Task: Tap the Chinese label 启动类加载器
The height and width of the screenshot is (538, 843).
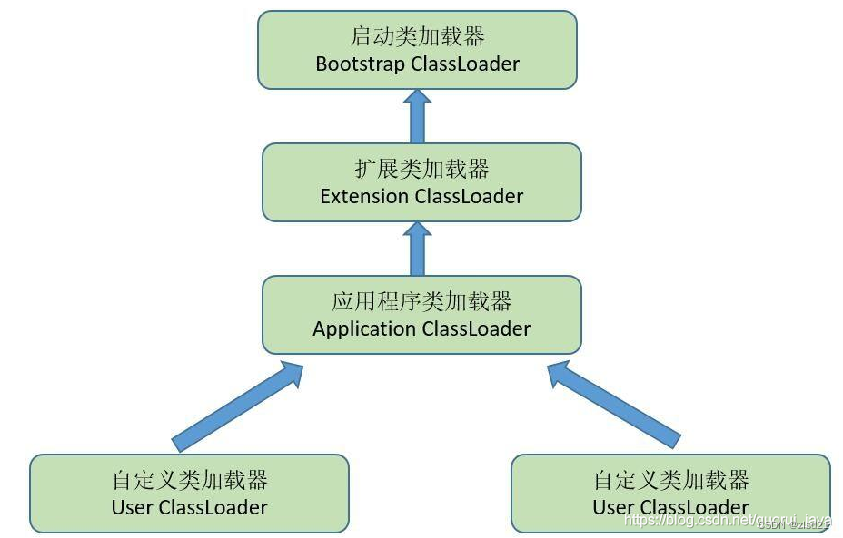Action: tap(417, 37)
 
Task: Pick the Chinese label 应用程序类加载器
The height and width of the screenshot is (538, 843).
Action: tap(421, 301)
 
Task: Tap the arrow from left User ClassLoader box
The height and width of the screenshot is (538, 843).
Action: tap(238, 406)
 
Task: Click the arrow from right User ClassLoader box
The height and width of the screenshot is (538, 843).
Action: tap(612, 406)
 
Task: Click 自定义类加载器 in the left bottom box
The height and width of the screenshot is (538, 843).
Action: tap(189, 480)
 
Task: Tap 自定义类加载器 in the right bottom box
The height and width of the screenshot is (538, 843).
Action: tap(670, 480)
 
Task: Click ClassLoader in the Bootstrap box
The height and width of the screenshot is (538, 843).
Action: tap(465, 64)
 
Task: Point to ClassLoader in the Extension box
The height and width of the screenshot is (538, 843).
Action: tap(470, 196)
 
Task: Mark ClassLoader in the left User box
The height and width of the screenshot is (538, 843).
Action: tap(213, 507)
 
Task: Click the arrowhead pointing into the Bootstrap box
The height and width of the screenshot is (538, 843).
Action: tap(417, 98)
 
